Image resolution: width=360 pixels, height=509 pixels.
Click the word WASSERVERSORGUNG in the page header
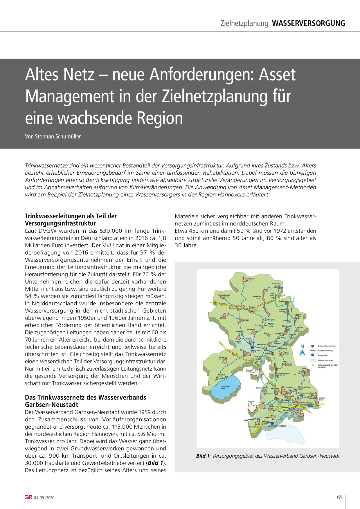(x=308, y=23)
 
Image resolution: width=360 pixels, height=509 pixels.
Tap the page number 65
(x=340, y=497)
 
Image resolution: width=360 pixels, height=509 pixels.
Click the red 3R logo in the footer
(x=28, y=497)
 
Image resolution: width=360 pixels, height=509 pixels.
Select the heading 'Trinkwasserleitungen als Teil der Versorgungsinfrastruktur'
(x=71, y=220)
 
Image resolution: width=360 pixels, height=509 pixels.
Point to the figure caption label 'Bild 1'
(x=203, y=456)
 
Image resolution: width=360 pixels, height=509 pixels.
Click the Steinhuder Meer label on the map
(x=223, y=387)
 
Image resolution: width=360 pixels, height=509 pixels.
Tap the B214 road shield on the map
(x=224, y=305)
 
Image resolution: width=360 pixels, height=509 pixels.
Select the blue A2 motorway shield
(x=310, y=406)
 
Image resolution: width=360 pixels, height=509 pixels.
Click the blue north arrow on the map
(x=302, y=352)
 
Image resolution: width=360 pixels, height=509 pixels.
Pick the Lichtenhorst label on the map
(x=249, y=279)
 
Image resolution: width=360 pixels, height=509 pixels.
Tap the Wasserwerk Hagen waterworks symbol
(x=252, y=347)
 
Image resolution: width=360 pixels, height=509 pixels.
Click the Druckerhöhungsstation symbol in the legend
(x=313, y=346)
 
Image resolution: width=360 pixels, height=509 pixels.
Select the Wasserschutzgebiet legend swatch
(x=313, y=360)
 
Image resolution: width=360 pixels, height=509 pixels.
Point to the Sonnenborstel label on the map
(x=224, y=295)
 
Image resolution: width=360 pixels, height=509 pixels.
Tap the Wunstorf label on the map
(x=251, y=401)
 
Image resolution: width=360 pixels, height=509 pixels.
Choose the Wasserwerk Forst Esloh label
(x=277, y=426)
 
